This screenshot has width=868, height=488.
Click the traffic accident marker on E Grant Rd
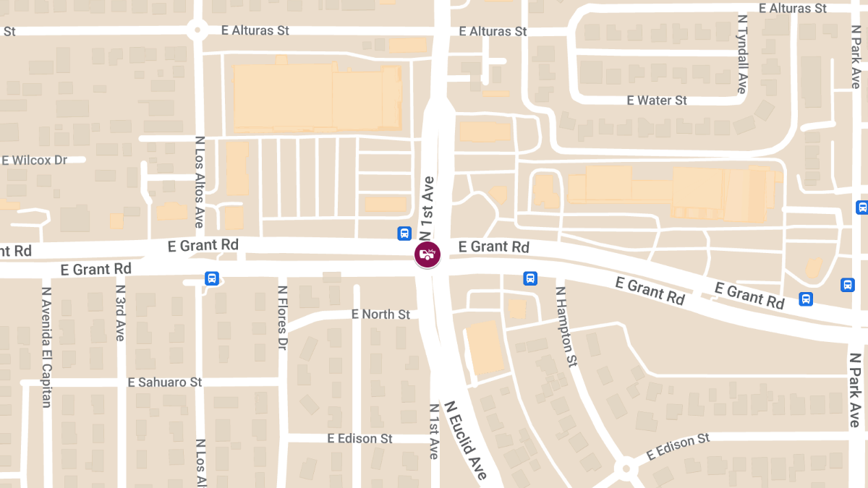(x=427, y=255)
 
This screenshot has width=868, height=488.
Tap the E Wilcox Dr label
(x=34, y=160)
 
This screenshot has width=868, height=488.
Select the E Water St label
(x=657, y=100)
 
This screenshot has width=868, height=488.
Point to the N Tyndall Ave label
(x=741, y=53)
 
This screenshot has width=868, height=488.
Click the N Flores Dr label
(x=282, y=318)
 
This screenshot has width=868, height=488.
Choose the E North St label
(x=380, y=314)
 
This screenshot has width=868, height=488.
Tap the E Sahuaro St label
(x=164, y=382)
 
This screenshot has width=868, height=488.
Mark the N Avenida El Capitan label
(x=46, y=347)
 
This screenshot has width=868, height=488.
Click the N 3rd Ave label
(x=120, y=312)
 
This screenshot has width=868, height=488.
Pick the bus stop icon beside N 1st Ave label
(x=404, y=234)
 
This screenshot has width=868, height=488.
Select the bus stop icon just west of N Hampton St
(x=530, y=278)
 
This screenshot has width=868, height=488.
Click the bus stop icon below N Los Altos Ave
(x=211, y=278)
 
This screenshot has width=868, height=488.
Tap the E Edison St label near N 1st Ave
(x=359, y=439)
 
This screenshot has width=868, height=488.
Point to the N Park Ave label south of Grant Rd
(x=854, y=390)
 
